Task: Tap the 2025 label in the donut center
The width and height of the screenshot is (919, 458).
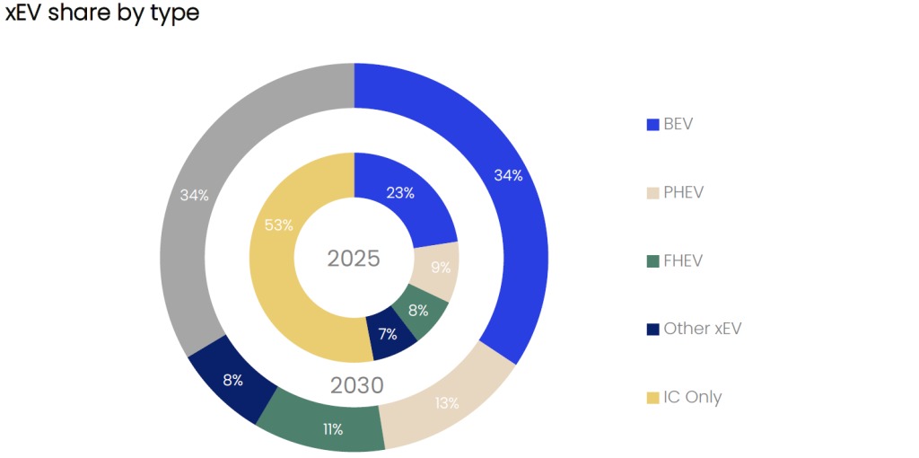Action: point(354,259)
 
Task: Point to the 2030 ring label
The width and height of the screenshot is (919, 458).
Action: point(356,386)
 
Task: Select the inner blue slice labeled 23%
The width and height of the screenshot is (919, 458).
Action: point(400,192)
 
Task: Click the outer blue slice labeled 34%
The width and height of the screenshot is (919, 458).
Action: point(508,175)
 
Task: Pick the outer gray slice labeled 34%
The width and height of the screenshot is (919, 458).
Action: point(194,195)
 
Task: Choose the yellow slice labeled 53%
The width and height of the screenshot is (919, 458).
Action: point(279,225)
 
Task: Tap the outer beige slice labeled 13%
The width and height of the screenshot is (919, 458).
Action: point(447,403)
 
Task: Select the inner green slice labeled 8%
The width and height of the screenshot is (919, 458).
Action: point(418,311)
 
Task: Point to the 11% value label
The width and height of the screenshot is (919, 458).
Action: point(333,429)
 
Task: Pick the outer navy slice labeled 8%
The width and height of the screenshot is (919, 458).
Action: point(232,379)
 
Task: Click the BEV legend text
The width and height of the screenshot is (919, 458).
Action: point(678,124)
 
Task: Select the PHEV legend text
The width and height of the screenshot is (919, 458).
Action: point(685,192)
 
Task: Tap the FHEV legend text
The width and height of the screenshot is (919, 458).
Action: point(683,260)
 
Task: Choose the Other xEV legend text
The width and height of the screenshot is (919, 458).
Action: point(703,329)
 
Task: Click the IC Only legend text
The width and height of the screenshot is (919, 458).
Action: point(692,397)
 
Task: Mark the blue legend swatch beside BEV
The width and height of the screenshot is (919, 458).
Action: point(653,125)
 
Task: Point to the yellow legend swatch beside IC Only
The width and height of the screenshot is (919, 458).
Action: point(653,398)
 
